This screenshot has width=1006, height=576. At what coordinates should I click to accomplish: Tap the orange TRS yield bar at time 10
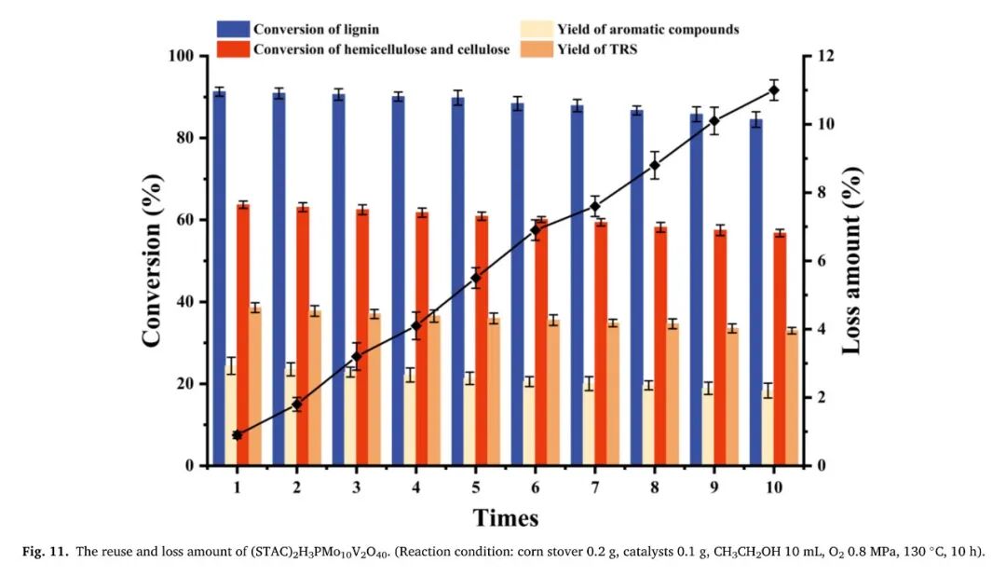tap(792, 398)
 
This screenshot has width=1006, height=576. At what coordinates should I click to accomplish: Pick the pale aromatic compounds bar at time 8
tap(648, 425)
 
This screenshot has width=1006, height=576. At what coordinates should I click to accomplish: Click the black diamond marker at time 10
tap(774, 90)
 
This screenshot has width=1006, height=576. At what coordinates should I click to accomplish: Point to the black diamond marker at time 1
tap(238, 434)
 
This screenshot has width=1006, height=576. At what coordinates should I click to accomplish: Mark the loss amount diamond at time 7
tap(594, 206)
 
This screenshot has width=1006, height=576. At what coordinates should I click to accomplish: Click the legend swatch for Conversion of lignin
tap(233, 29)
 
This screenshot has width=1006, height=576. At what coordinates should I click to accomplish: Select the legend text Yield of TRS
tap(597, 49)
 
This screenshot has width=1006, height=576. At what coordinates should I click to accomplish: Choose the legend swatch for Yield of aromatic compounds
tap(537, 29)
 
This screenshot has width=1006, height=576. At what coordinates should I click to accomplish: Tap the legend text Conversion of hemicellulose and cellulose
tap(382, 49)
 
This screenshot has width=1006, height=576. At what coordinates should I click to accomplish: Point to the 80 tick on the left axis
tap(205, 138)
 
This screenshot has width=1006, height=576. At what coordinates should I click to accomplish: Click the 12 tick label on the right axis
tap(822, 56)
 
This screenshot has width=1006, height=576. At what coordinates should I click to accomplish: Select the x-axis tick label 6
tap(536, 487)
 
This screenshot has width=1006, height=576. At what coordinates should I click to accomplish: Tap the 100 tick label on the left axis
tap(181, 56)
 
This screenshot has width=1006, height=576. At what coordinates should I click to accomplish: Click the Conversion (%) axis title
tap(152, 261)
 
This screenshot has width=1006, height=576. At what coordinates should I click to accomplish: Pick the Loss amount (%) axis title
tap(852, 261)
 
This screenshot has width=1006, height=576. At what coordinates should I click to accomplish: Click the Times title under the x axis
tap(506, 517)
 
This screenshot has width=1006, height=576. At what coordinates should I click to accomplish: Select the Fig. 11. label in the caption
tap(46, 553)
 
